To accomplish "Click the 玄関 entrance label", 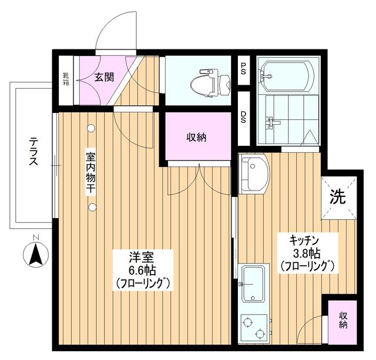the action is point(104,77).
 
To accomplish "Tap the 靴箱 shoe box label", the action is point(66,79).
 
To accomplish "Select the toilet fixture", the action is point(210,83).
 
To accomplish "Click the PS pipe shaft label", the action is point(243,69).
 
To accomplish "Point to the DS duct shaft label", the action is point(243,117).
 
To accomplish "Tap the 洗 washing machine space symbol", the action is point(338,197).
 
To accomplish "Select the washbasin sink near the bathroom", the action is point(254,174).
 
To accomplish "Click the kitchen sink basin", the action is point(253,284).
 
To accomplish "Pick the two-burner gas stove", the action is point(254,328).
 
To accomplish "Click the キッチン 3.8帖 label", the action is point(308,253).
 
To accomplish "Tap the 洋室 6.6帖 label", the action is point(143,271).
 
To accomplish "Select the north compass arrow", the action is point(36,254).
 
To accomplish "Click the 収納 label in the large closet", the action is point(196,138).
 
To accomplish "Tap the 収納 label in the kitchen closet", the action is point(343,320).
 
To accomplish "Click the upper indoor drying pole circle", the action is point(91,128).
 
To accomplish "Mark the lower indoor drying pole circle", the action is point(92,207).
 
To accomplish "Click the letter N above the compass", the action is point(36,238).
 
